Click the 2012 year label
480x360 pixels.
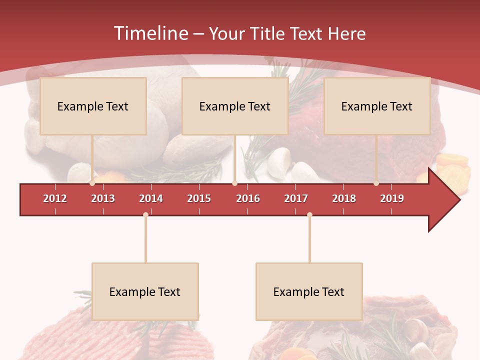(x=55, y=198)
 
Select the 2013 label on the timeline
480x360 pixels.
(x=103, y=198)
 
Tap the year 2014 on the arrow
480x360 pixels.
(x=151, y=198)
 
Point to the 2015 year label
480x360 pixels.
(x=199, y=198)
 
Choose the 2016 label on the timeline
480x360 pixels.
(x=248, y=198)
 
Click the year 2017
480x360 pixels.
(x=296, y=198)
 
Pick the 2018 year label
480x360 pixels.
(x=344, y=198)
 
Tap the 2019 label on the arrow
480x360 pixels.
(x=392, y=198)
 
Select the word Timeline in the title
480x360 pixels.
(x=150, y=33)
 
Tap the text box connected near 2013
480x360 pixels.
(x=93, y=106)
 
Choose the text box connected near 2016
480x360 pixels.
(x=235, y=106)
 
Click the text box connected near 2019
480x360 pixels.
(x=377, y=106)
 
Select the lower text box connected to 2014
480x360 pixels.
(x=145, y=291)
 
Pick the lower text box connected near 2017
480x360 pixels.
(x=309, y=291)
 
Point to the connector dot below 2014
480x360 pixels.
(x=145, y=215)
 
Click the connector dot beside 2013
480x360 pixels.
(x=92, y=183)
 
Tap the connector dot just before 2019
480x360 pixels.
(x=376, y=183)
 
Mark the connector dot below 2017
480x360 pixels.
(x=309, y=215)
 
